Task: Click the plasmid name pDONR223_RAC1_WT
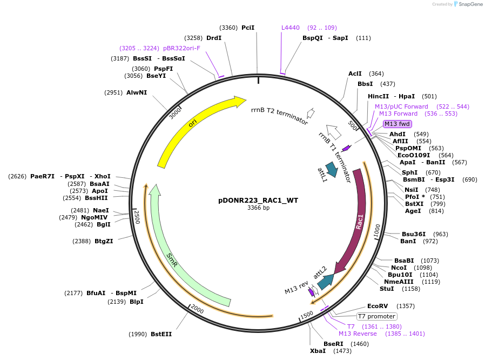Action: pos(258,200)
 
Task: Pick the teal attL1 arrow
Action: pos(331,170)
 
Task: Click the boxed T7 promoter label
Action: pos(377,316)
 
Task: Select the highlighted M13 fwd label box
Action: pos(398,124)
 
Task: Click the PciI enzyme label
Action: pos(248,28)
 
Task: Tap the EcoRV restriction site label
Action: pos(378,306)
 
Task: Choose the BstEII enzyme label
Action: pos(161,334)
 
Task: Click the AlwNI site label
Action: pos(137,92)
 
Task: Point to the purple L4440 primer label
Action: pos(290,28)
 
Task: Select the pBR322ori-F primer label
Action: pos(181,48)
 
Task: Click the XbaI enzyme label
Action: pos(318,351)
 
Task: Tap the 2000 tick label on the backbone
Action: pos(197,310)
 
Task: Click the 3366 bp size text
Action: pos(258,208)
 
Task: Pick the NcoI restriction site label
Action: pos(399,268)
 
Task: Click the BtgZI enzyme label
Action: pos(104,241)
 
